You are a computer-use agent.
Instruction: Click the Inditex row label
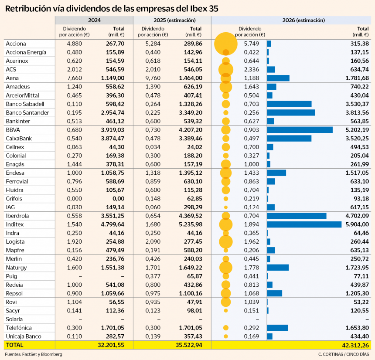click(15, 224)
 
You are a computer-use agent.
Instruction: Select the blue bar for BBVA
click(300, 130)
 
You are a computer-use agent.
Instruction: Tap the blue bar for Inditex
click(304, 224)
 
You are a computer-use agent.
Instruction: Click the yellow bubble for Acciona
click(226, 44)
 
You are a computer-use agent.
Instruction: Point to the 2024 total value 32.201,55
click(115, 344)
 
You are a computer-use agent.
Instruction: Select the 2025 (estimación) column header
click(172, 20)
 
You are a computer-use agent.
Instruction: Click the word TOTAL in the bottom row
click(14, 344)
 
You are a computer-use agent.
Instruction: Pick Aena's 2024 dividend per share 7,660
click(75, 78)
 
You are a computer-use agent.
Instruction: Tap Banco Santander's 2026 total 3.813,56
click(356, 112)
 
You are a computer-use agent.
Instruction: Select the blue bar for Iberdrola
click(297, 216)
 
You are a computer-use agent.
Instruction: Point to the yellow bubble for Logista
click(226, 241)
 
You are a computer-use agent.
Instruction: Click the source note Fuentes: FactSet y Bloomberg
click(34, 354)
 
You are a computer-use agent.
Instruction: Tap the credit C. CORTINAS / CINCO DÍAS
click(343, 354)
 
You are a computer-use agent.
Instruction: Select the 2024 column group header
click(94, 20)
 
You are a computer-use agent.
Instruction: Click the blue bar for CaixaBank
click(289, 138)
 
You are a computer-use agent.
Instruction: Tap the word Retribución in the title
click(27, 8)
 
